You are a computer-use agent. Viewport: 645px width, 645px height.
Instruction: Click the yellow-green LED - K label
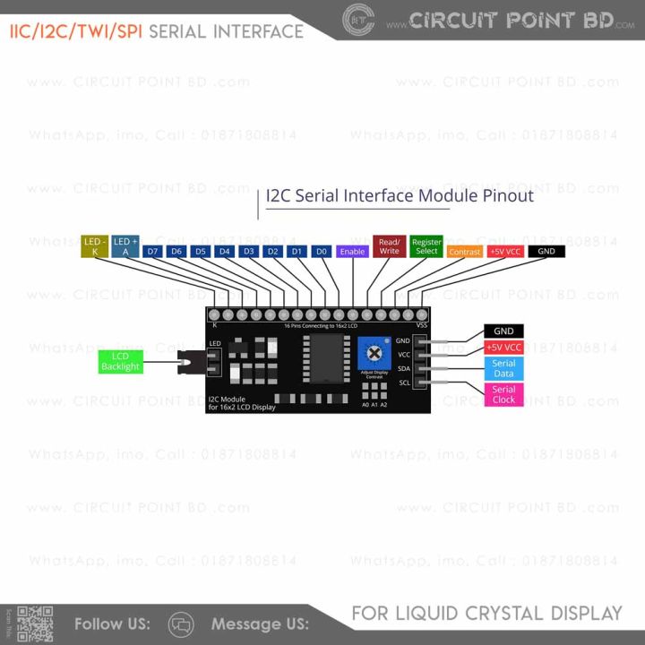tap(95, 246)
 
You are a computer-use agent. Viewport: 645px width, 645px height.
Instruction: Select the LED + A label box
tap(125, 246)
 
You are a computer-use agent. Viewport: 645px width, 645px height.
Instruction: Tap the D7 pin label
tap(152, 252)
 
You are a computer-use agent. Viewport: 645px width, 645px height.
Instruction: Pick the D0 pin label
tap(322, 252)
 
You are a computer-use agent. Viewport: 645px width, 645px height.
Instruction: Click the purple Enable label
tap(352, 252)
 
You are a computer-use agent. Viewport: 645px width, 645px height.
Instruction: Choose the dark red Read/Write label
tap(389, 246)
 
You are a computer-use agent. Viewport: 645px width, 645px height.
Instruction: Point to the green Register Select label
tap(426, 246)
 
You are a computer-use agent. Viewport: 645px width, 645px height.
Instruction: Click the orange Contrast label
tap(464, 252)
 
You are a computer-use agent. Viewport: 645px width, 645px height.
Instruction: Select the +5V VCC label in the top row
tap(505, 252)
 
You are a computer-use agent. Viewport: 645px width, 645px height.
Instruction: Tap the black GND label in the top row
tap(546, 252)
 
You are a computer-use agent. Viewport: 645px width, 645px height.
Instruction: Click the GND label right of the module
tap(503, 331)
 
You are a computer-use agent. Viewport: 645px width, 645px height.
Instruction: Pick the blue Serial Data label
tap(503, 368)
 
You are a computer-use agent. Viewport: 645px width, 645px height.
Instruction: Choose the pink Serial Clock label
tap(503, 394)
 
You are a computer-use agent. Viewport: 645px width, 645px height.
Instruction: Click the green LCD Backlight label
tap(120, 362)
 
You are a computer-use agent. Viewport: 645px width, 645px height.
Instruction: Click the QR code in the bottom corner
tap(36, 624)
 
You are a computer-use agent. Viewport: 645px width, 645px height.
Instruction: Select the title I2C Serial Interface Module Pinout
tap(400, 195)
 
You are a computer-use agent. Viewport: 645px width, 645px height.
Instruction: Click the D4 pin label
tap(225, 252)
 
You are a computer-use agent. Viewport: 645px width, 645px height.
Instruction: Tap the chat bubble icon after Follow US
tap(181, 623)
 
